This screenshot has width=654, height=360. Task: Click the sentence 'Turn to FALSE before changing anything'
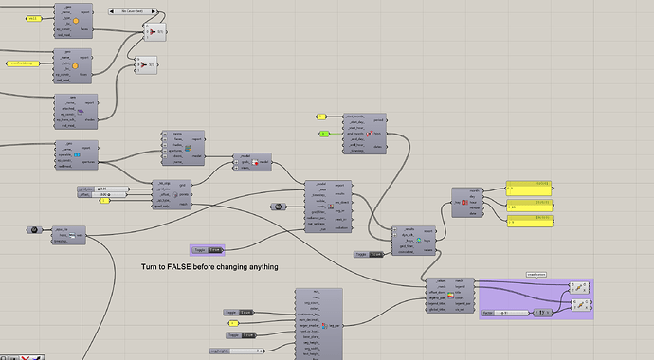pyautogui.click(x=209, y=267)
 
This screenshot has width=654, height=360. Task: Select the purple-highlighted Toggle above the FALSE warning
pyautogui.click(x=208, y=250)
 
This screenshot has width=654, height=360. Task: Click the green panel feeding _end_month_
pyautogui.click(x=329, y=134)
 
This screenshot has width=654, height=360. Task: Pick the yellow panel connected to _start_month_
pyautogui.click(x=321, y=117)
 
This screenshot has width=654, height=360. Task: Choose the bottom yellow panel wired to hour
pyautogui.click(x=536, y=222)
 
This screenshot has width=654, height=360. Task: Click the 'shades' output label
pyautogui.click(x=92, y=120)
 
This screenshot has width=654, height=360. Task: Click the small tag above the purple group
pyautogui.click(x=536, y=275)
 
